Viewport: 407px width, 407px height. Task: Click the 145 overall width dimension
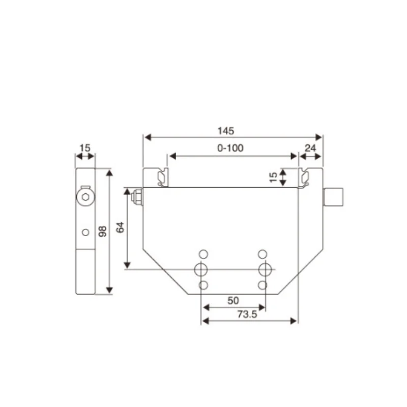(x=225, y=131)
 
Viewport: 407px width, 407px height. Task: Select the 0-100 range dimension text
(x=230, y=149)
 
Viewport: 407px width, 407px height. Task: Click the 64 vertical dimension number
(x=121, y=228)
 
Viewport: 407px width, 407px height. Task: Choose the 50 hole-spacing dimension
(x=233, y=300)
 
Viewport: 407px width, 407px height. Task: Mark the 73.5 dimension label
(x=247, y=314)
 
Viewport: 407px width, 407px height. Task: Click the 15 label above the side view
(x=85, y=148)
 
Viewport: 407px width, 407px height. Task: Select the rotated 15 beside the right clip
(x=273, y=177)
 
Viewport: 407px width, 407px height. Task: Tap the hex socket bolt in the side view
(x=85, y=197)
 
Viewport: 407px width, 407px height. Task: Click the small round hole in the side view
(x=85, y=232)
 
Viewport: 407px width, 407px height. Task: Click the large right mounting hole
(x=263, y=269)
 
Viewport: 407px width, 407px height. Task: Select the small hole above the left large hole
(x=203, y=254)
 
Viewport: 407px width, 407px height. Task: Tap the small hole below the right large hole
(x=263, y=285)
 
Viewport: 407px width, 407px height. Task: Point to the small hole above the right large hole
(x=263, y=254)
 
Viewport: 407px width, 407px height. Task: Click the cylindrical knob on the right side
(x=334, y=197)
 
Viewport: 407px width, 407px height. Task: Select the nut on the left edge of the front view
(x=136, y=196)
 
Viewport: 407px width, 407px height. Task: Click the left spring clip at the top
(x=162, y=177)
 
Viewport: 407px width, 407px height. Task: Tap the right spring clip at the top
(x=305, y=177)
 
